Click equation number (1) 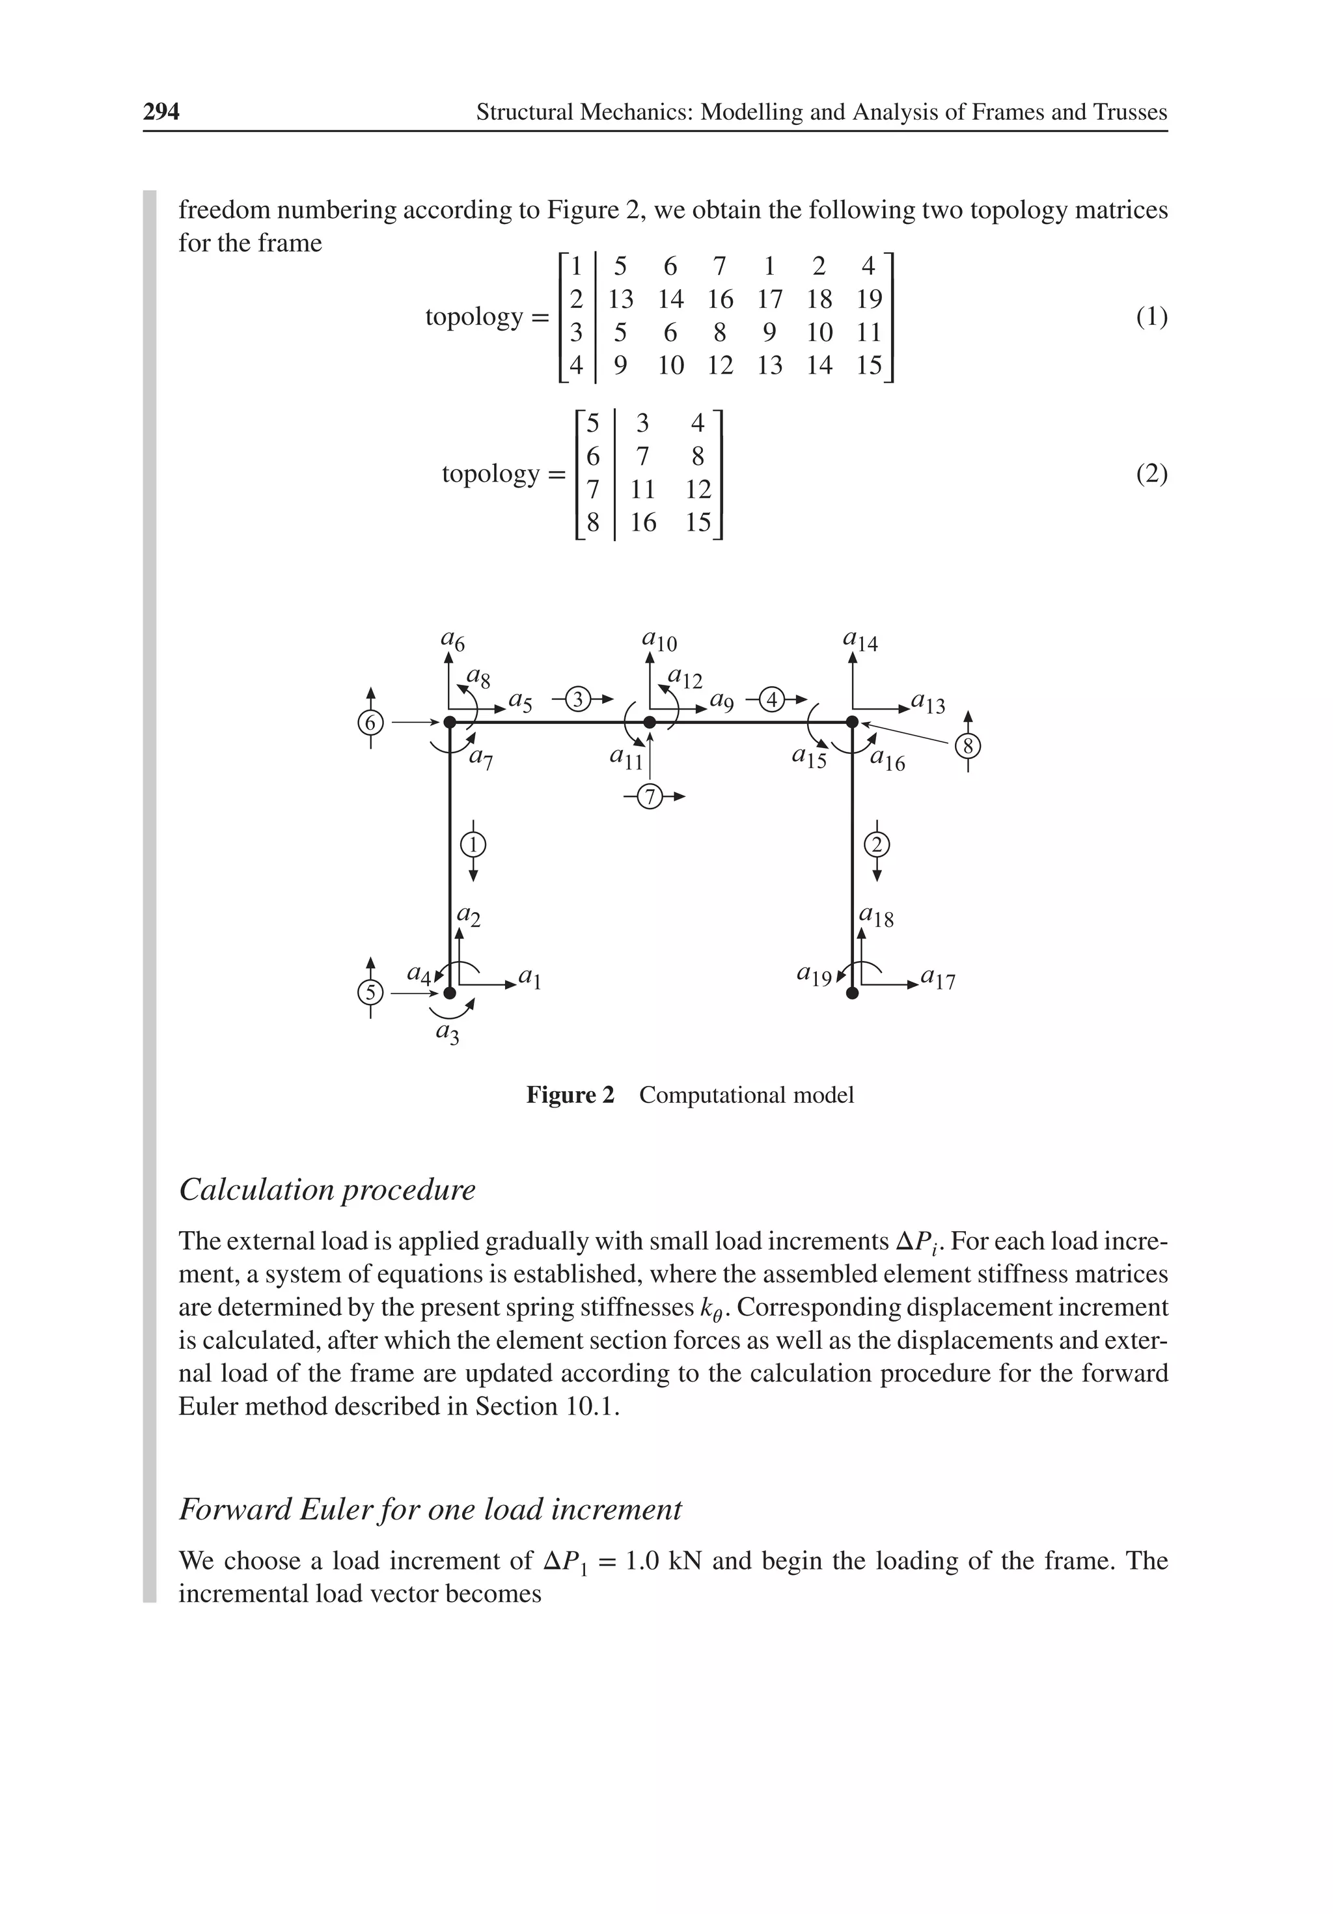pos(1151,317)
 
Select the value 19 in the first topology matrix pos(869,299)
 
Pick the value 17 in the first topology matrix pos(769,299)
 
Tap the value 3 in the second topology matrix pos(642,423)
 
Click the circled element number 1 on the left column pos(473,844)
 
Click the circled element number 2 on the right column pos(877,844)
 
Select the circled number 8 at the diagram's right pos(968,745)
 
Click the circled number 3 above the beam pos(578,699)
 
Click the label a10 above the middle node pos(659,640)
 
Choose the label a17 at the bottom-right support pos(938,980)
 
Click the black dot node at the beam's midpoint pos(650,722)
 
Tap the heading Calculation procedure pos(327,1189)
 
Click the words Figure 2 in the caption pos(570,1094)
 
